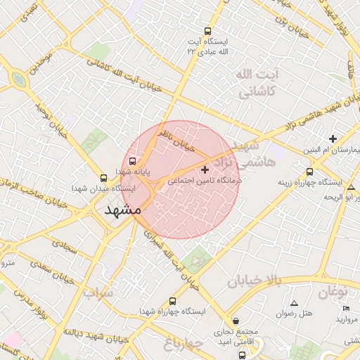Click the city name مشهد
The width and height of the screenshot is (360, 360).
point(122,210)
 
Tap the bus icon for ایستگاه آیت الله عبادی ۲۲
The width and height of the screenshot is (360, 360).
point(207,31)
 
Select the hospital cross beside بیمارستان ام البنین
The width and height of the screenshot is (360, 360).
point(333,139)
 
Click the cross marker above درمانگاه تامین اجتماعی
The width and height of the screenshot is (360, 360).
point(205,169)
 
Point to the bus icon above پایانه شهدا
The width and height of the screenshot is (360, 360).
point(134,161)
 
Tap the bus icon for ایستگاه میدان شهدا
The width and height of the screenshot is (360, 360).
point(104,178)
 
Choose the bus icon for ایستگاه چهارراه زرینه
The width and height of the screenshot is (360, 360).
point(310,172)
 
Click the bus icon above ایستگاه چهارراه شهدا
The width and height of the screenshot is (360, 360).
point(174,300)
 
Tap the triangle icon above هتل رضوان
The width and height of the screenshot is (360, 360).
point(294,302)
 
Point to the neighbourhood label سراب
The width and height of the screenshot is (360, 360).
point(98,292)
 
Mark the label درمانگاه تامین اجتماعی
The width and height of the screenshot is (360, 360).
point(204,181)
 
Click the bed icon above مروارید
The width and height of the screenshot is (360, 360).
point(345,309)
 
